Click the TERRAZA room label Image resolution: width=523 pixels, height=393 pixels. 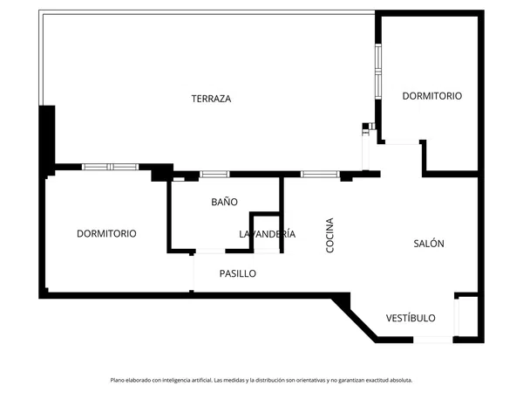(x=211, y=99)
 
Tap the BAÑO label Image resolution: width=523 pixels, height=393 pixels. (x=225, y=202)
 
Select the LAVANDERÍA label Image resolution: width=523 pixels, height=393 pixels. (x=268, y=233)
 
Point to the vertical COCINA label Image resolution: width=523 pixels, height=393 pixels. (x=329, y=235)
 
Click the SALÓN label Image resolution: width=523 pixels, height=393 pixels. (x=429, y=244)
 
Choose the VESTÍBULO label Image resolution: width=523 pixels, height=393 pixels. (x=411, y=318)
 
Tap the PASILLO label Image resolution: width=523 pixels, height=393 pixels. (x=238, y=273)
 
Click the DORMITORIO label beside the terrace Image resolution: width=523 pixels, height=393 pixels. (x=432, y=96)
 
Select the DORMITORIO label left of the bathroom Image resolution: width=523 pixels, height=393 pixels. (x=106, y=233)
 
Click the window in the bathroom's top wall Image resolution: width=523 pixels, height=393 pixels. (x=214, y=174)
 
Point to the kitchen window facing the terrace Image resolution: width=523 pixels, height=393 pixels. (x=320, y=174)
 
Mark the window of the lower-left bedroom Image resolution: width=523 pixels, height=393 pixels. (x=110, y=167)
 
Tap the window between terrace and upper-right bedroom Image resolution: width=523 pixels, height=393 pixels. (x=378, y=72)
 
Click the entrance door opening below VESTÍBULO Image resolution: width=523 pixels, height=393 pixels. (x=433, y=340)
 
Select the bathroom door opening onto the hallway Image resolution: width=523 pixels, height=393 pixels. (x=210, y=251)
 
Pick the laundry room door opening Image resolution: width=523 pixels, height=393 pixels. (x=267, y=251)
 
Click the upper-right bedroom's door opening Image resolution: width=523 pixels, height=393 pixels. (x=402, y=141)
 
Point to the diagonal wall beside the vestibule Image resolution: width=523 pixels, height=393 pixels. (x=354, y=317)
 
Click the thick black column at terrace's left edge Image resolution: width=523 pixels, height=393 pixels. (x=47, y=141)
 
